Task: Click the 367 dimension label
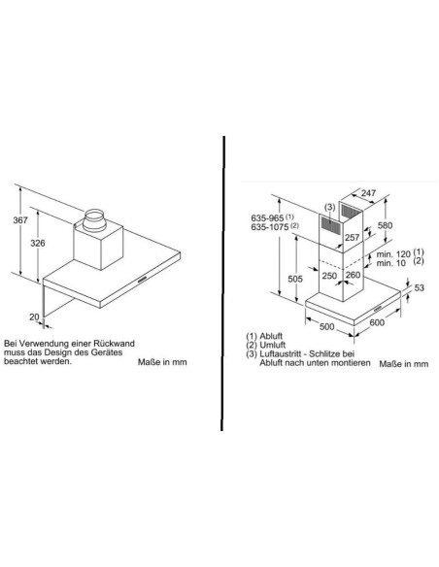coord(20,219)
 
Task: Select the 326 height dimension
coord(38,243)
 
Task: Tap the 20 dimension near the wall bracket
coord(34,317)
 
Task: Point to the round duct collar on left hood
coord(94,220)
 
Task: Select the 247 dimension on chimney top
coord(368,193)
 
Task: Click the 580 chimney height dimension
coord(385,225)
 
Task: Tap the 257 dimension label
coord(352,237)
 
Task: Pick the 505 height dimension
coord(295,279)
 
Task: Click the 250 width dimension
coord(329,276)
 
